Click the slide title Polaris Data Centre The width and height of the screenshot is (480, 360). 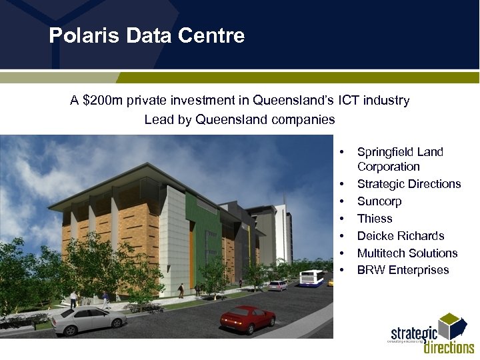pos(147,35)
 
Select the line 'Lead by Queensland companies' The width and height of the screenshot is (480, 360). pos(239,120)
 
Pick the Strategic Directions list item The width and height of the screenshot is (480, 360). pos(409,184)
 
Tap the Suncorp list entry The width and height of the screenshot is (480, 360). pos(379,201)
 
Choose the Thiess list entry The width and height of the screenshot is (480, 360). pos(375,219)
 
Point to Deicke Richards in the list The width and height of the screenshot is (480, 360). pos(400,236)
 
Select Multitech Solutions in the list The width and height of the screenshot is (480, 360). pos(407,253)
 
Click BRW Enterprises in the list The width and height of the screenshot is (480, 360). pos(403,271)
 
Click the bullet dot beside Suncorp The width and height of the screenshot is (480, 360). pos(341,201)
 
